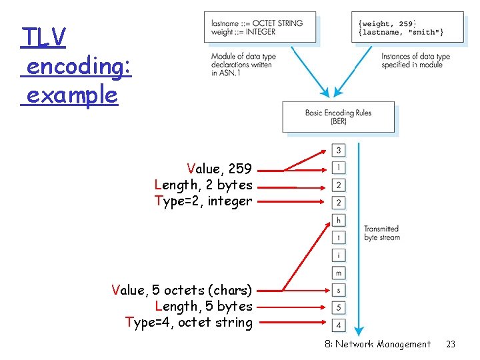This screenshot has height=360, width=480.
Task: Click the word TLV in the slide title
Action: [x=43, y=37]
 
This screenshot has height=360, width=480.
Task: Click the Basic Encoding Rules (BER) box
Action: [x=338, y=117]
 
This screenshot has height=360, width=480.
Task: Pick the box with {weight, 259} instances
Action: [x=407, y=28]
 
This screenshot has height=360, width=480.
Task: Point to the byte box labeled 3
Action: [x=339, y=151]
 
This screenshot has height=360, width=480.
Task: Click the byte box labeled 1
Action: [x=339, y=167]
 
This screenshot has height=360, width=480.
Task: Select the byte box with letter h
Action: [x=339, y=220]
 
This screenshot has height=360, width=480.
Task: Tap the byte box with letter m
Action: [x=339, y=273]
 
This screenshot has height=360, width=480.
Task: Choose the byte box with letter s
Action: [x=339, y=290]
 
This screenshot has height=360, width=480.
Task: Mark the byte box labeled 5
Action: [x=339, y=307]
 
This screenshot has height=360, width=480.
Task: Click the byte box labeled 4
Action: [x=339, y=325]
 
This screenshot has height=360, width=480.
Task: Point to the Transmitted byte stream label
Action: [x=381, y=233]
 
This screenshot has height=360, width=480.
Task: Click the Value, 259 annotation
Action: [x=219, y=169]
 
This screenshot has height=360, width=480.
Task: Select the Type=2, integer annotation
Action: [x=203, y=201]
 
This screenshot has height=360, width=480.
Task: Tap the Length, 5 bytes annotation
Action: [x=203, y=306]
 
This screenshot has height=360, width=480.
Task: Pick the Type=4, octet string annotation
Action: [x=189, y=323]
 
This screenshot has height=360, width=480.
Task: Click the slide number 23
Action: [x=451, y=344]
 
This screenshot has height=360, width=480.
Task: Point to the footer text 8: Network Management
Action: [x=377, y=344]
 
